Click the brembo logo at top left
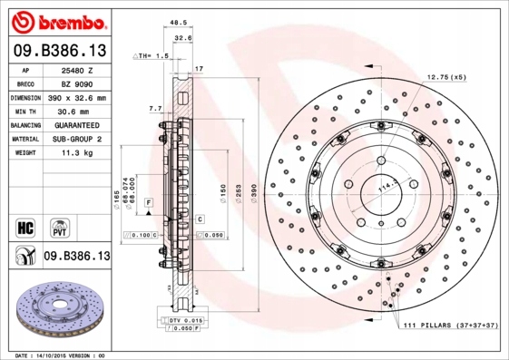(x=56, y=20)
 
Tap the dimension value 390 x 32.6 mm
(x=77, y=96)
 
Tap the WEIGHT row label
(x=25, y=153)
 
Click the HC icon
(x=24, y=226)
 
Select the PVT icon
(x=56, y=226)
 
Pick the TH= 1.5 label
(x=152, y=56)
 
